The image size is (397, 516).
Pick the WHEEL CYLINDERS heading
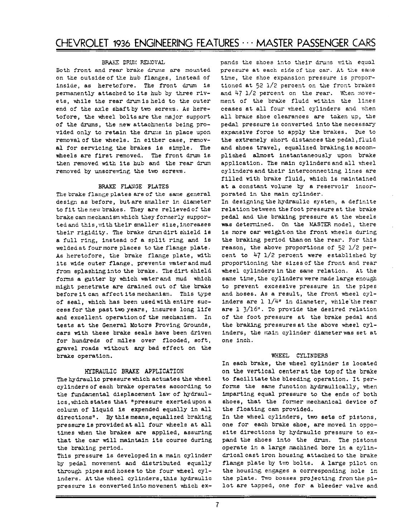[x=300, y=356]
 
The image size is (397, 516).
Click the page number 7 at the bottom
[x=217, y=506]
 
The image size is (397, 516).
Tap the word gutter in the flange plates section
[x=93, y=287]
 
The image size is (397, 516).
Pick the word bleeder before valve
[x=324, y=486]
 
